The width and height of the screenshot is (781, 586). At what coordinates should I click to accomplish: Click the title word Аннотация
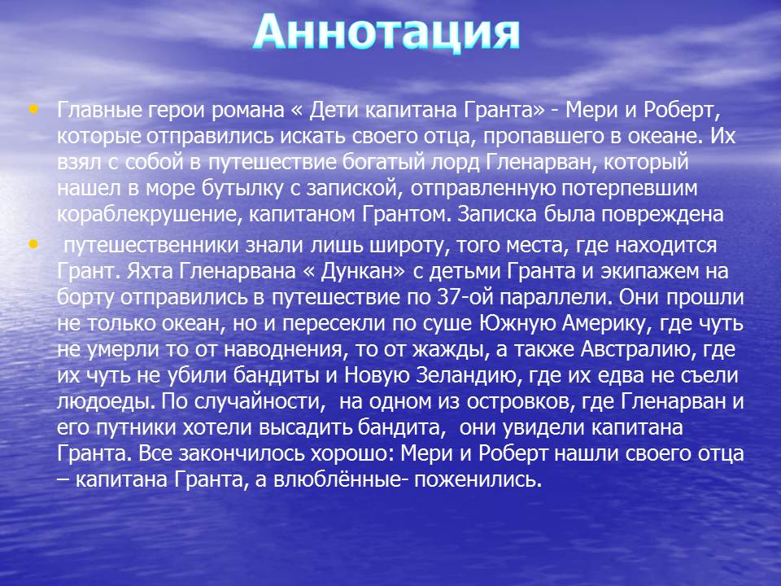point(386,33)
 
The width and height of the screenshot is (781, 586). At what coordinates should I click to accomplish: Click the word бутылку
point(250,188)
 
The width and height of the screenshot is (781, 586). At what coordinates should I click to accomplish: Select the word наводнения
point(283,350)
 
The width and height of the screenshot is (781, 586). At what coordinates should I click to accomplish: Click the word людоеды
point(103,402)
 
